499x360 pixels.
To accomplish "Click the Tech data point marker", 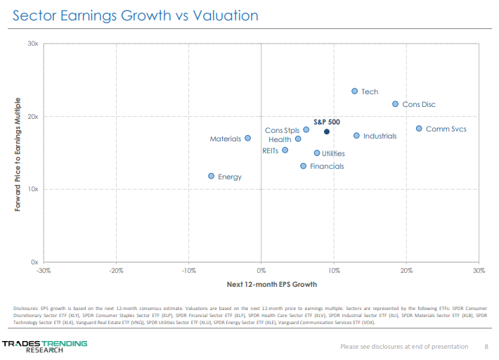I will click(x=354, y=91).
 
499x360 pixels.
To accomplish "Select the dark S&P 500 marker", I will click(x=327, y=131).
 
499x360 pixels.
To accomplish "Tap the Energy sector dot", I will click(x=211, y=176).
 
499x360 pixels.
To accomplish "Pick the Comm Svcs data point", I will click(x=419, y=129).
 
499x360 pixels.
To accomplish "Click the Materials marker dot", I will click(x=247, y=139).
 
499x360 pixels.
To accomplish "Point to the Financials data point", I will click(x=303, y=166).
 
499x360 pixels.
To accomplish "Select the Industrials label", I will click(x=380, y=136).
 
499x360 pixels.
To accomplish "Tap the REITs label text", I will click(x=270, y=150).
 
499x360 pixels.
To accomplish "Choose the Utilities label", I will click(x=333, y=153).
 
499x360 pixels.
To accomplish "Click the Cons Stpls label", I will click(x=282, y=130).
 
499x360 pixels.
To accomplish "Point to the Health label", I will click(x=280, y=140).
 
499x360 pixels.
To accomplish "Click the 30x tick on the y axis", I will click(x=32, y=44).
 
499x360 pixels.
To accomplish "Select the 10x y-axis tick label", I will click(x=32, y=189).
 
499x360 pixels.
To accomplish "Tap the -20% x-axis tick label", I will click(x=116, y=271).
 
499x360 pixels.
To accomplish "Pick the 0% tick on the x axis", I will click(x=261, y=271).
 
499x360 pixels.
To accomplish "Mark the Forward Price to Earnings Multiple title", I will click(x=18, y=154).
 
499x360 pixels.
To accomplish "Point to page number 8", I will click(x=486, y=346).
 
